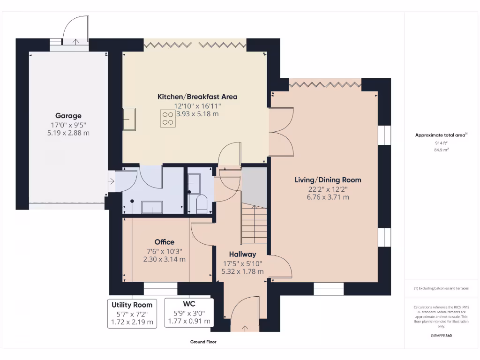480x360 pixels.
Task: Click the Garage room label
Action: point(68,116)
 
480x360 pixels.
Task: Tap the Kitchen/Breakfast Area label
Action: point(197,97)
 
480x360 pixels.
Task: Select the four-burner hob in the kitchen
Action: point(168,118)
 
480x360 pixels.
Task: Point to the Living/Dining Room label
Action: point(328,180)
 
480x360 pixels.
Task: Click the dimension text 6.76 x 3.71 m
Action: point(328,197)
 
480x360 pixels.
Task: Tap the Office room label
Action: point(164,242)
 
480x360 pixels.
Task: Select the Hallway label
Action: point(242,254)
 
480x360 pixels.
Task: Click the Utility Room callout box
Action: point(132,313)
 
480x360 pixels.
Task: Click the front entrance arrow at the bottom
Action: point(245,328)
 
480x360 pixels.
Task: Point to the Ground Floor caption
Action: point(203,342)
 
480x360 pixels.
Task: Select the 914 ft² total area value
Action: point(441,143)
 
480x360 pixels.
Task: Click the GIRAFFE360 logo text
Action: point(441,336)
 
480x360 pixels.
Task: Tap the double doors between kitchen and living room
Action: point(281,132)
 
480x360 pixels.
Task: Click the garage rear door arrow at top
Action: point(75,42)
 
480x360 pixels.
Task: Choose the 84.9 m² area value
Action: point(441,150)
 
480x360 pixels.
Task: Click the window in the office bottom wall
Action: point(160,289)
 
